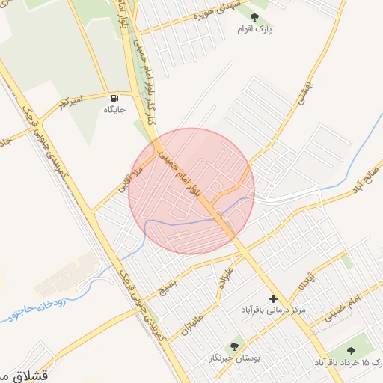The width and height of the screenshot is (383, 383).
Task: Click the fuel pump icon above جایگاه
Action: pyautogui.click(x=114, y=98)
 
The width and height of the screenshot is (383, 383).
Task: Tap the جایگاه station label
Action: pyautogui.click(x=114, y=110)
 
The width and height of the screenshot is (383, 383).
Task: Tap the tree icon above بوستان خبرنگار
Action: pyautogui.click(x=234, y=346)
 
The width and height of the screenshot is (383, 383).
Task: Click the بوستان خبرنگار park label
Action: pyautogui.click(x=234, y=359)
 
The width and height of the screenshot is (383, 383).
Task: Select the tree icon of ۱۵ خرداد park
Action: pyautogui.click(x=351, y=349)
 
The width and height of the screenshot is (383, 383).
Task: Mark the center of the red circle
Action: pyautogui.click(x=191, y=191)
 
